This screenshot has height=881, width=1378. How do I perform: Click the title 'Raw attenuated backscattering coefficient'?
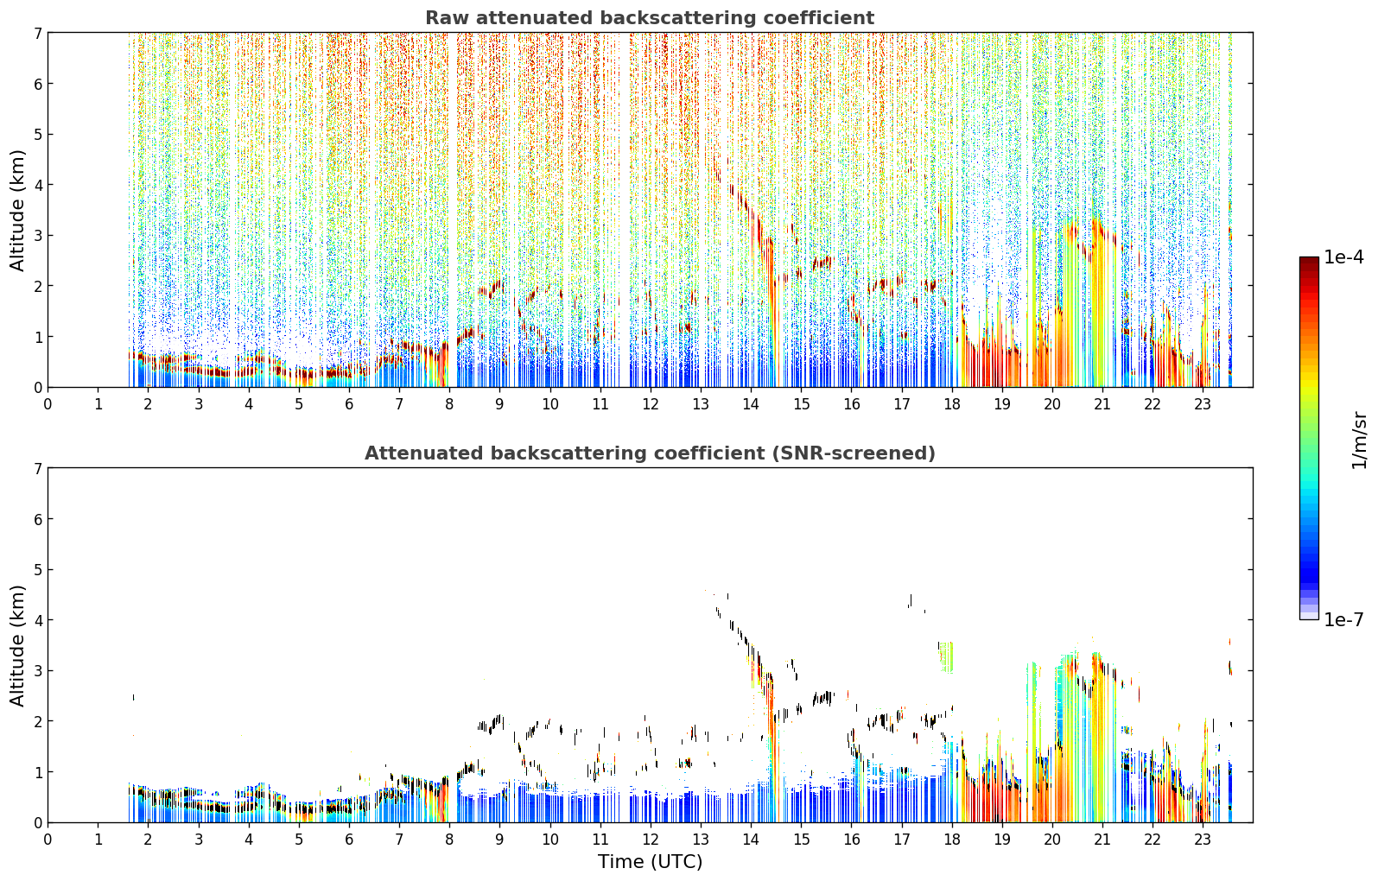pyautogui.click(x=650, y=18)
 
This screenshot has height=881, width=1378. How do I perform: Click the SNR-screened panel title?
pyautogui.click(x=650, y=453)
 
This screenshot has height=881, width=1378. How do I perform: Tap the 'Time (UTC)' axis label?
pyautogui.click(x=650, y=862)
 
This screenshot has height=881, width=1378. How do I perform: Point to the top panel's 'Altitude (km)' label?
pyautogui.click(x=17, y=210)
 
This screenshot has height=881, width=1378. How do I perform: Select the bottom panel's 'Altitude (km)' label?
pyautogui.click(x=17, y=645)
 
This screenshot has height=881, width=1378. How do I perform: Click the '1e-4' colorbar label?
pyautogui.click(x=1343, y=257)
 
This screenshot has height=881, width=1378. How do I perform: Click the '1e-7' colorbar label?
pyautogui.click(x=1343, y=619)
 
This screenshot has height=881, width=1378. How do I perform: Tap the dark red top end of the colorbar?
pyautogui.click(x=1309, y=259)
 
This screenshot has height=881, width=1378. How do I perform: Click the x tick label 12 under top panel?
pyautogui.click(x=651, y=404)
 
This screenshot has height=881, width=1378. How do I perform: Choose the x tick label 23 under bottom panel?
pyautogui.click(x=1203, y=840)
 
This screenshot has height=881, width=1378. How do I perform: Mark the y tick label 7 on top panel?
pyautogui.click(x=38, y=33)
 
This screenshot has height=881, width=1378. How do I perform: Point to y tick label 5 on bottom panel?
pyautogui.click(x=38, y=570)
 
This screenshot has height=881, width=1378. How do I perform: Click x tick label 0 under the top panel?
pyautogui.click(x=48, y=404)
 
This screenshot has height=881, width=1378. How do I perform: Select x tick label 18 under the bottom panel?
pyautogui.click(x=952, y=840)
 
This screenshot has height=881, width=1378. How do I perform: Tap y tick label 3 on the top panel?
pyautogui.click(x=38, y=236)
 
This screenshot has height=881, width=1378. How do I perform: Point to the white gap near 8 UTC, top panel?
pyautogui.click(x=453, y=185)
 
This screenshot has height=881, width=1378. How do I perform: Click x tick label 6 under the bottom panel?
pyautogui.click(x=349, y=840)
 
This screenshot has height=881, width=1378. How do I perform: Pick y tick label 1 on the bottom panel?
pyautogui.click(x=38, y=772)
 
